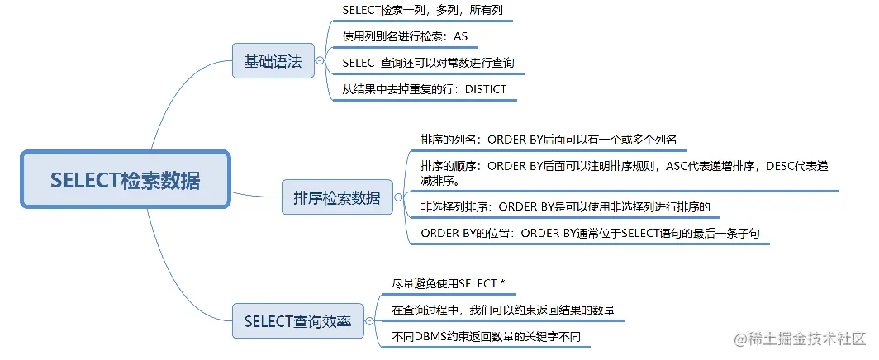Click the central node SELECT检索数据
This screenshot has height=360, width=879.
click(x=125, y=180)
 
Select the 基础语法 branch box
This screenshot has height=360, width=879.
click(x=273, y=60)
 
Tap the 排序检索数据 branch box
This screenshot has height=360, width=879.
click(x=336, y=197)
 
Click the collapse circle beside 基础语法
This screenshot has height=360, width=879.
click(x=319, y=60)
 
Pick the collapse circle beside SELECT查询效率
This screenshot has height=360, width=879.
click(x=368, y=321)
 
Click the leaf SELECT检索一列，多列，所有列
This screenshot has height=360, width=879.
click(x=422, y=11)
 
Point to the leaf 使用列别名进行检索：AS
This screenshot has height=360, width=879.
click(x=410, y=37)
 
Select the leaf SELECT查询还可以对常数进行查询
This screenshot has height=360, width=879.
click(x=433, y=62)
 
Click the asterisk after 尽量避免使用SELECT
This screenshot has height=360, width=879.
click(x=502, y=283)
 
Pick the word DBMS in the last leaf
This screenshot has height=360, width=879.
click(x=436, y=337)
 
